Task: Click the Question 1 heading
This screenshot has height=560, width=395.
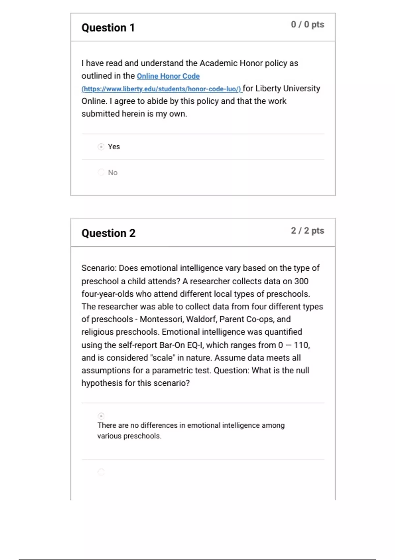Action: tap(108, 28)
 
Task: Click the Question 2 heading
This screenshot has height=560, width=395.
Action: tap(108, 233)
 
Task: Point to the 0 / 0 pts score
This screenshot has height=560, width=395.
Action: tap(307, 25)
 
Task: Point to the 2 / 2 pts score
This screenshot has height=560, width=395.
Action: tap(307, 231)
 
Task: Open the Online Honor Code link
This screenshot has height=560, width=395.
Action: tap(168, 76)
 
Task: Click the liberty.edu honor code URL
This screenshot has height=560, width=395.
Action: tap(161, 89)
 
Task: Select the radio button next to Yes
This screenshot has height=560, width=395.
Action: tap(101, 147)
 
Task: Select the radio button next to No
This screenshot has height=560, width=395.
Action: tap(101, 172)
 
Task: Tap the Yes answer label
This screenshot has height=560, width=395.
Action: tap(114, 147)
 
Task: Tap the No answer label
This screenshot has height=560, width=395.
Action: tap(113, 173)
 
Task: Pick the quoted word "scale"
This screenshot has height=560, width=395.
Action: tap(162, 358)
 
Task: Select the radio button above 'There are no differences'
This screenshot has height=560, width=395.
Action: tap(101, 416)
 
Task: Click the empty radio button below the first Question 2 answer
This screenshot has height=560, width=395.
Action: tap(101, 472)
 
